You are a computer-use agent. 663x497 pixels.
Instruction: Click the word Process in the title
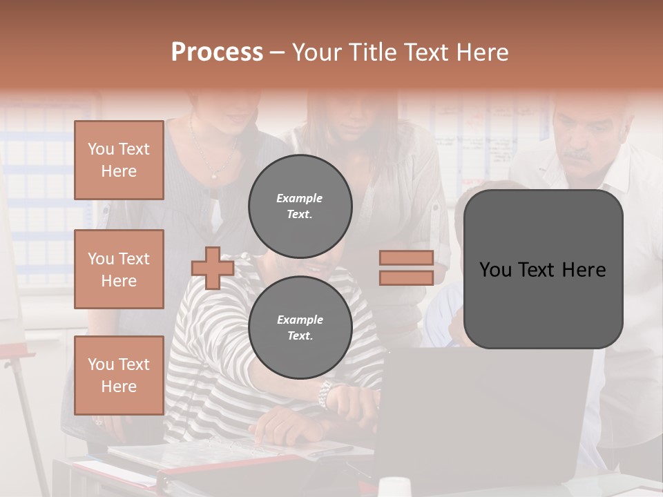tap(217, 52)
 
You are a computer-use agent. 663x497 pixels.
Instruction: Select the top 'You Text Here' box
tap(119, 160)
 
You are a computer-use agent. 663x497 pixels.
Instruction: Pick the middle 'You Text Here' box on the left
tap(119, 269)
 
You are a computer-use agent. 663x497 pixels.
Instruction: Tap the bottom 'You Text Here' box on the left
tap(119, 375)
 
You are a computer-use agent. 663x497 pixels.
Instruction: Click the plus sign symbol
tap(213, 268)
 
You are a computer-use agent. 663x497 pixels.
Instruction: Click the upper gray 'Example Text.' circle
tap(300, 206)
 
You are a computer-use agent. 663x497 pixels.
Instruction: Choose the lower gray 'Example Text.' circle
tap(300, 327)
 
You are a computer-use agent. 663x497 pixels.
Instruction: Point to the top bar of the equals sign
tap(406, 257)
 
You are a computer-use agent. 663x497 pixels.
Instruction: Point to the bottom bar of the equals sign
tap(406, 277)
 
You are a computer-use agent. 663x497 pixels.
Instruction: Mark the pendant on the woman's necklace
tap(214, 177)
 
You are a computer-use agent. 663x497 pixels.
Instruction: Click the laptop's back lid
tap(483, 414)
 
